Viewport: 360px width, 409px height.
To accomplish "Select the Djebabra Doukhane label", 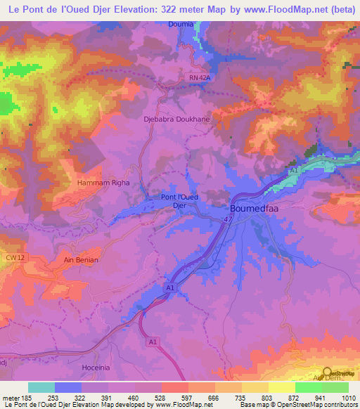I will tap(176, 119).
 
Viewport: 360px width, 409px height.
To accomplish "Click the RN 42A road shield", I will tap(200, 77).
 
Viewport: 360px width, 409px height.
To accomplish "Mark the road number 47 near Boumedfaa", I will tap(229, 220).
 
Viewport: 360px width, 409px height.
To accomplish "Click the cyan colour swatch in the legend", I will tap(41, 387).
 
